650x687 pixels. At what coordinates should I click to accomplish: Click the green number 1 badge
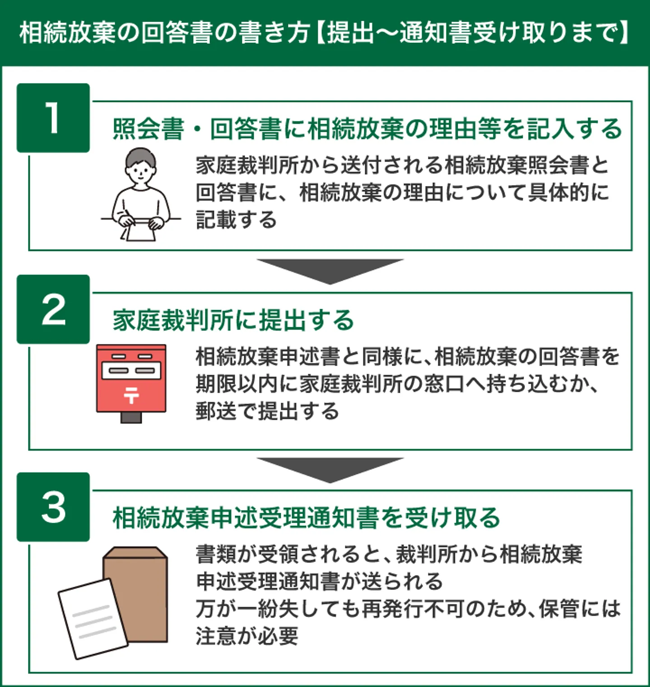click(x=53, y=118)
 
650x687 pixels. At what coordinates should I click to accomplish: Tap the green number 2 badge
click(x=53, y=309)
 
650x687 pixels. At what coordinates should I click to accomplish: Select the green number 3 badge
click(x=53, y=507)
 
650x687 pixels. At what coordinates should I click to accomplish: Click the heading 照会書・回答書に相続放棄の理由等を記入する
click(x=367, y=129)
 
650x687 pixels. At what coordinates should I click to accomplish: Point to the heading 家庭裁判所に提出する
click(x=233, y=320)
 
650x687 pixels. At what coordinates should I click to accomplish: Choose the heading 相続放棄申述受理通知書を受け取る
click(x=306, y=518)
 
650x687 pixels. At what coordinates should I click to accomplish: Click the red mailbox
click(x=131, y=378)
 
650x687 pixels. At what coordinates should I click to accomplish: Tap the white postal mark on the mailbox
click(x=131, y=394)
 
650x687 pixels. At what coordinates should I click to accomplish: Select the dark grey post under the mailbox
click(x=131, y=418)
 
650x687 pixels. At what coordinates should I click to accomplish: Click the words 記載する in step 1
click(x=236, y=220)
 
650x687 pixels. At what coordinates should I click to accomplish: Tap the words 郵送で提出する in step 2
click(x=267, y=412)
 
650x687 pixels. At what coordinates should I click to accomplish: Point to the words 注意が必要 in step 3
click(x=247, y=636)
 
